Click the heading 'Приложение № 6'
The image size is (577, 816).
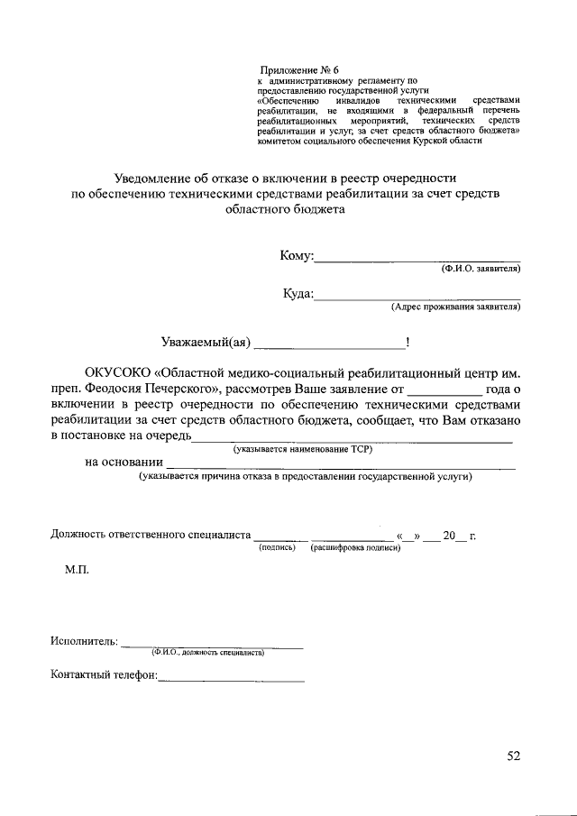tap(298, 69)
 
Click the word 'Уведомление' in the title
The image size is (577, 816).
tap(155, 178)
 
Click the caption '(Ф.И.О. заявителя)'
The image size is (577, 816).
tap(480, 269)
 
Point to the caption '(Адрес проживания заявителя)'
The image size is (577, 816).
tap(455, 307)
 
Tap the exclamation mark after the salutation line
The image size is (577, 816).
tap(408, 342)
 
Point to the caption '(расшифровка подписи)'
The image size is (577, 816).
tap(354, 547)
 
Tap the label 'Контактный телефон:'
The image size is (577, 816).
tap(104, 674)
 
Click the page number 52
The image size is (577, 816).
tap(513, 756)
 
